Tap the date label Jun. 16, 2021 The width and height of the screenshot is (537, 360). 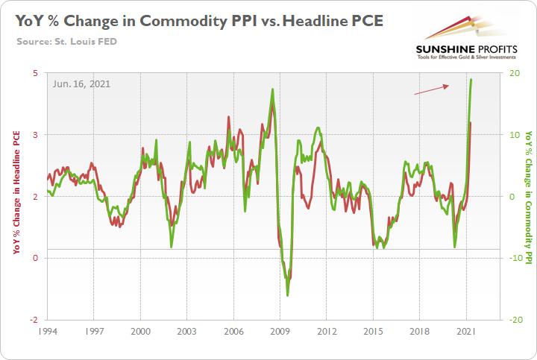click(x=81, y=83)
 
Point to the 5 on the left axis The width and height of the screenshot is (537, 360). click(x=35, y=73)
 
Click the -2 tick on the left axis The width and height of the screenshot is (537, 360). click(x=34, y=318)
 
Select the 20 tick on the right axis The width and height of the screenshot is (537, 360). click(x=514, y=73)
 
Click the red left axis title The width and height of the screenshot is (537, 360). click(x=16, y=195)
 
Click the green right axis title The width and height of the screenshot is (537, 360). click(x=528, y=196)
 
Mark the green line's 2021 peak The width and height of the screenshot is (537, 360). click(x=471, y=80)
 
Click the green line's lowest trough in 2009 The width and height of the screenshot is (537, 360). click(x=288, y=295)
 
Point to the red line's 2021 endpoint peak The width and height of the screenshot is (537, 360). click(x=470, y=123)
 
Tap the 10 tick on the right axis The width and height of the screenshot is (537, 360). click(x=514, y=135)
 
